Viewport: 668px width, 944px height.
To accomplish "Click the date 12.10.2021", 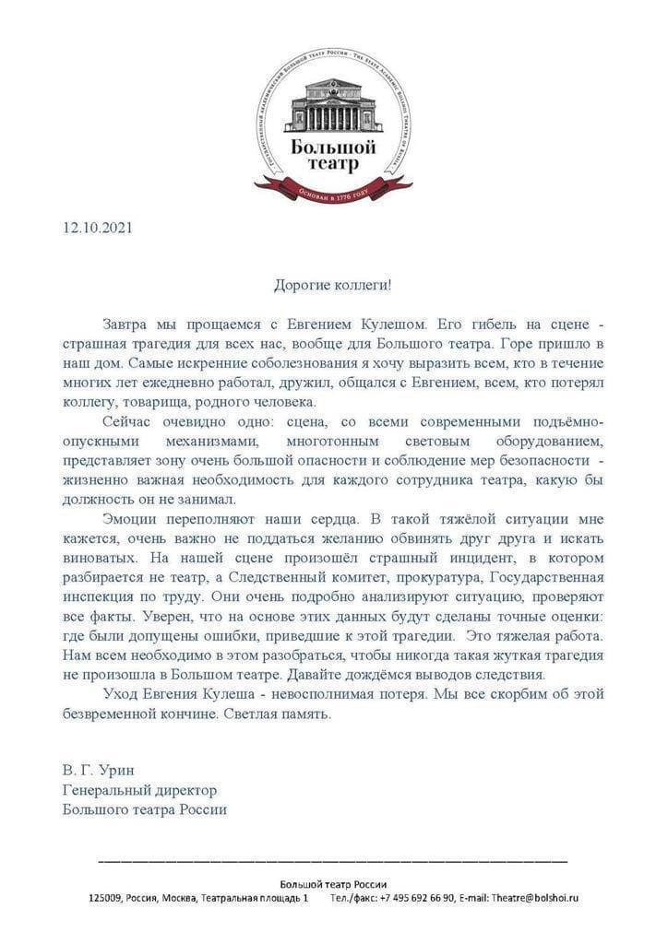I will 98,227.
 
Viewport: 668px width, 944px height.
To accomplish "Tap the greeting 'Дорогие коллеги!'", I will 333,285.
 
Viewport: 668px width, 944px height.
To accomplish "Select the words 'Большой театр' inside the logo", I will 333,154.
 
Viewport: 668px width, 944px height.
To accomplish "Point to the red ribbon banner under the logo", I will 333,191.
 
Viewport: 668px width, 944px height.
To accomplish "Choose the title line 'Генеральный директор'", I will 140,790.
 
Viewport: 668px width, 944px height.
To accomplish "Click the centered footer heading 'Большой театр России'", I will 333,882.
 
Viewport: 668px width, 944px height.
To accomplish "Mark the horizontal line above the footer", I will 333,861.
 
